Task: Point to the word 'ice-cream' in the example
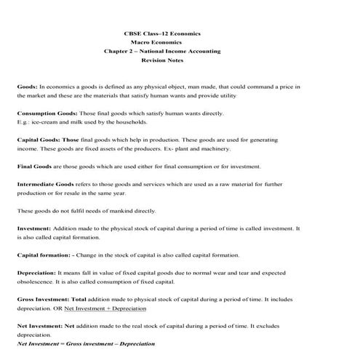click(x=44, y=121)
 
